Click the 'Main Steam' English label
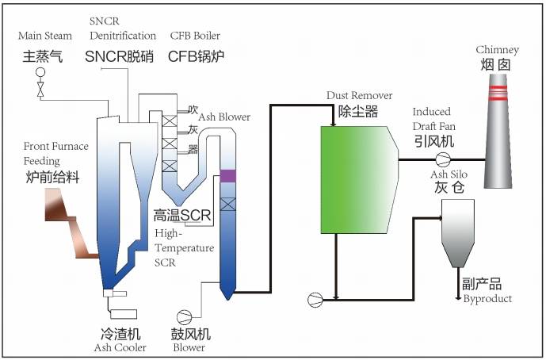click(x=46, y=36)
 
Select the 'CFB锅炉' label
click(x=195, y=56)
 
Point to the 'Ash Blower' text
click(x=224, y=117)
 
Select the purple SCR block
click(x=228, y=175)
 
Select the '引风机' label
click(x=433, y=140)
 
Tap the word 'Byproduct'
click(x=487, y=299)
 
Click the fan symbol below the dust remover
click(x=315, y=299)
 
